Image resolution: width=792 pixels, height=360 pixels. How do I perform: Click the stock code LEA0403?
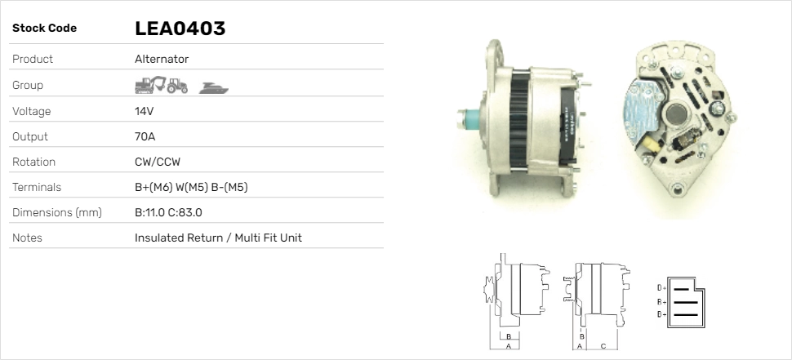180,29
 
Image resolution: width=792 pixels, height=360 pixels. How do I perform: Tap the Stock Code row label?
44,29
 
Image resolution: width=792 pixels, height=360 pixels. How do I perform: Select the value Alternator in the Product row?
162,59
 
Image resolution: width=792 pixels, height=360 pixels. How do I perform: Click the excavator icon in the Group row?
150,85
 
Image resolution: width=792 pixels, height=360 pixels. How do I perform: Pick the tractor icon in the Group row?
177,86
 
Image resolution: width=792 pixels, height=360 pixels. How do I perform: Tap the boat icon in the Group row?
214,88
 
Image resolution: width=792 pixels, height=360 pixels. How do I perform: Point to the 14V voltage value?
144,111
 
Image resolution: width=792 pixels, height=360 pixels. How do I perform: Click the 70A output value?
145,136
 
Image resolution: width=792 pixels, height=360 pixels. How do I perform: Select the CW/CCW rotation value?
158,162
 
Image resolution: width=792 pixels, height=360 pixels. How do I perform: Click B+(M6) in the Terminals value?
153,187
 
